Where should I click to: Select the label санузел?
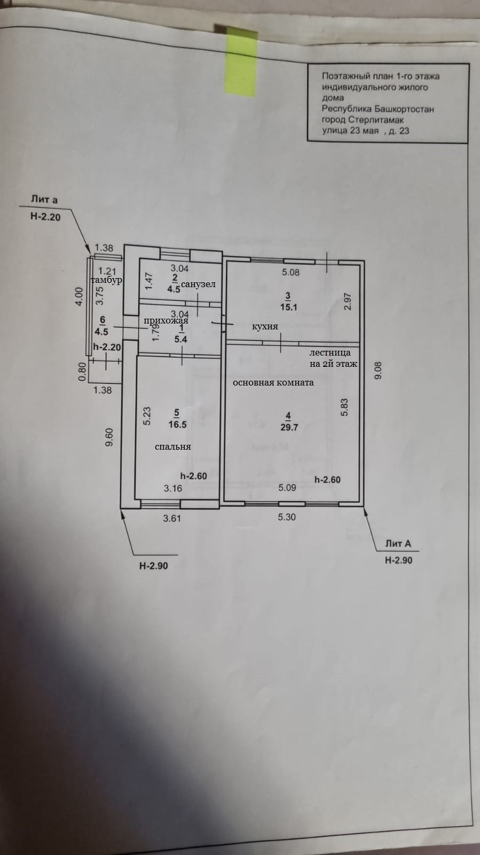coord(198,284)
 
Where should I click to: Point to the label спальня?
coord(172,447)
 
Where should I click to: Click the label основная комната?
coord(273,383)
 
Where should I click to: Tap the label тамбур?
coord(107,280)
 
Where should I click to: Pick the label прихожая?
coord(166,320)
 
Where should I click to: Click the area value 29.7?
coord(288,427)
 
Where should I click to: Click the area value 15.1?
coord(288,307)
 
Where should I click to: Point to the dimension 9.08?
coord(378,369)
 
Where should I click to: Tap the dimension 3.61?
coord(172,518)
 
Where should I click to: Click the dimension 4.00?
coord(78,297)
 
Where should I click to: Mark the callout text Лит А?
coord(398,544)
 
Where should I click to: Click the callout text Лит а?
coord(44,200)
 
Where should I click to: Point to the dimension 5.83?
coord(345,407)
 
